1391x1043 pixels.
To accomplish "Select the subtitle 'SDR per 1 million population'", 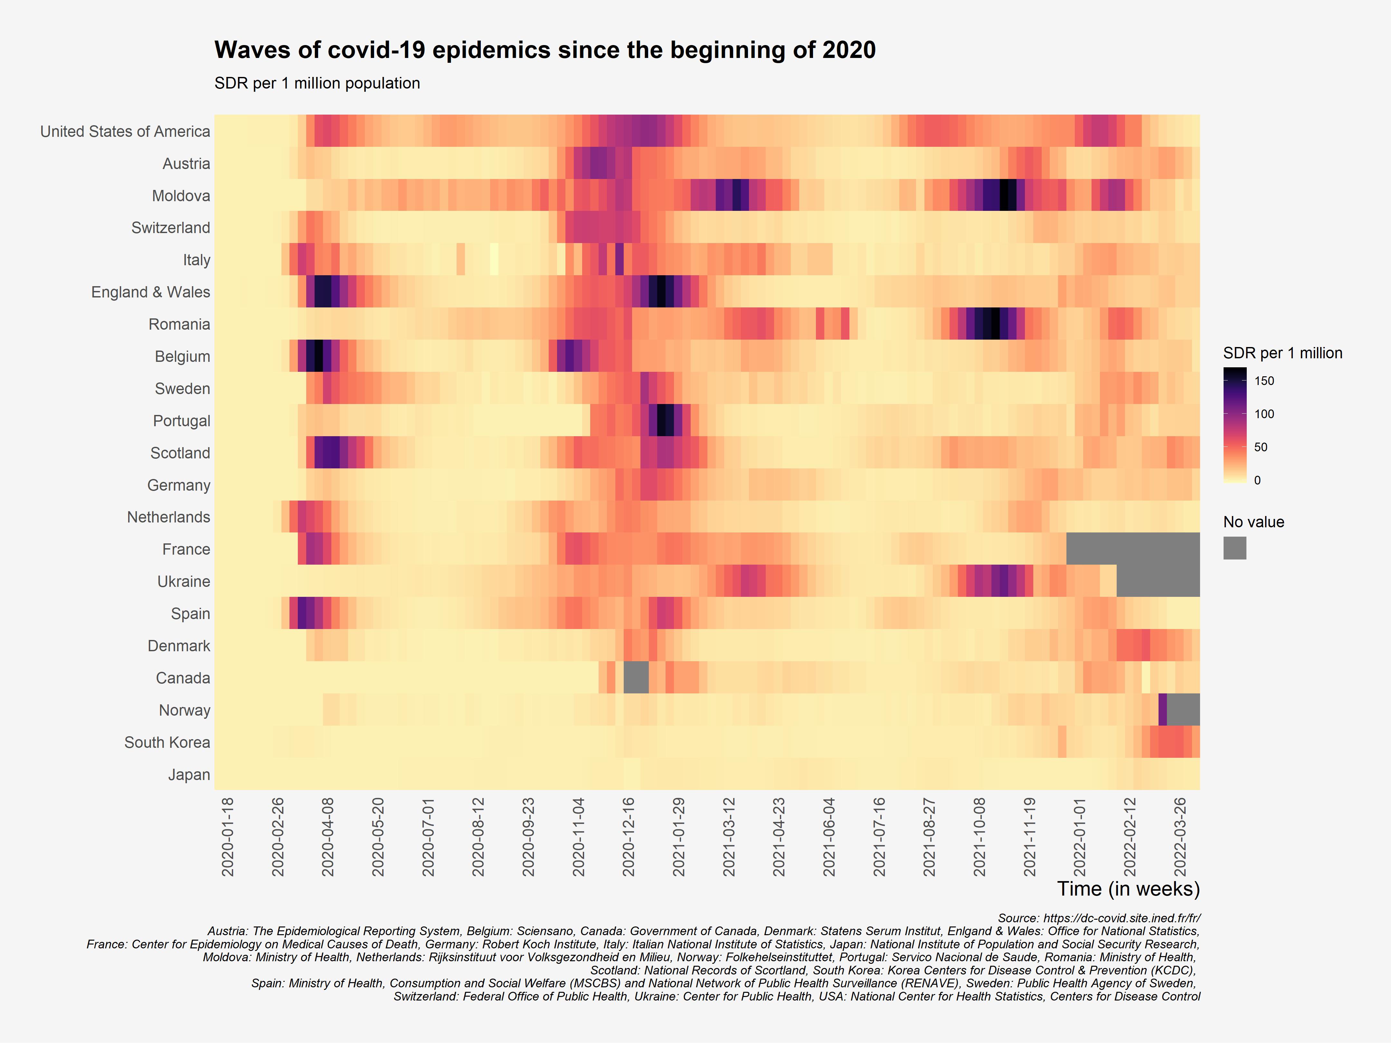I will click(x=317, y=83).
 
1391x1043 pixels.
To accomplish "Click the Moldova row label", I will click(x=181, y=195).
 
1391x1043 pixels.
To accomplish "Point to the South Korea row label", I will click(x=167, y=742).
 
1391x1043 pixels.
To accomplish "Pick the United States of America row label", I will click(x=125, y=131).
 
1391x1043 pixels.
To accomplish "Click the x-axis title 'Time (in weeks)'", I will click(x=1128, y=889).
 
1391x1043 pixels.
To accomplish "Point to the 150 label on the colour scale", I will click(x=1264, y=381).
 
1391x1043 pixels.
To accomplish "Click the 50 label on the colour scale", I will click(x=1261, y=447).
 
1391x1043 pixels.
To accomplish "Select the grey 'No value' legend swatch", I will click(x=1235, y=548).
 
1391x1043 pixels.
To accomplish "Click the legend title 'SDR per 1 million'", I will click(x=1282, y=353).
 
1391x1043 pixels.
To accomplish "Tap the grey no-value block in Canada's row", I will click(x=636, y=678).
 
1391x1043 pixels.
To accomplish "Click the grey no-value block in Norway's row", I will click(x=1183, y=710).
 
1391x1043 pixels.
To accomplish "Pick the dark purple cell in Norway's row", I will click(x=1162, y=710).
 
